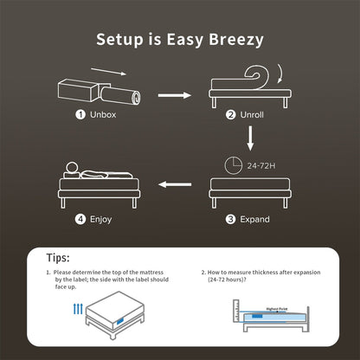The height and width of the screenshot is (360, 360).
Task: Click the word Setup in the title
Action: (122, 39)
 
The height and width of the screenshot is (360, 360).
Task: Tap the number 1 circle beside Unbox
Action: (80, 113)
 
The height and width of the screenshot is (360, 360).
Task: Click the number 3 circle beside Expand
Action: (230, 219)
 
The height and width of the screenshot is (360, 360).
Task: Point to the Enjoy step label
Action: (100, 219)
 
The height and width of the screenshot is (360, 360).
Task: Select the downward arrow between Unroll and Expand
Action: (248, 137)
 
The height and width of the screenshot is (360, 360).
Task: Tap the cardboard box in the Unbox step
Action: (78, 89)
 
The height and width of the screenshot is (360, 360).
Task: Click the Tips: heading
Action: (59, 257)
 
